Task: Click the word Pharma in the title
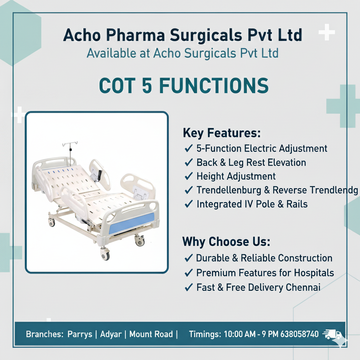pyautogui.click(x=135, y=36)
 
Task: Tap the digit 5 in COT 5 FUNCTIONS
pyautogui.click(x=147, y=85)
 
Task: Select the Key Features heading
pyautogui.click(x=222, y=133)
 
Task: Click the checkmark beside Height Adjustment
pyautogui.click(x=188, y=176)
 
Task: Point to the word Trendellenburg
pyautogui.click(x=229, y=190)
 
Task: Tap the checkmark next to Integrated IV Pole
pyautogui.click(x=188, y=204)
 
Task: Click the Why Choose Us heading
pyautogui.click(x=226, y=242)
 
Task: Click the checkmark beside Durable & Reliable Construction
pyautogui.click(x=188, y=258)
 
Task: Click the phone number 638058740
pyautogui.click(x=300, y=334)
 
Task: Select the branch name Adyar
pyautogui.click(x=111, y=334)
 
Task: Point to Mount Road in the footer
pyautogui.click(x=151, y=334)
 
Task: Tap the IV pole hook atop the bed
pyautogui.click(x=70, y=144)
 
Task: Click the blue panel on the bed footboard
pyautogui.click(x=131, y=223)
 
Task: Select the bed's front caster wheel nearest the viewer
pyautogui.click(x=105, y=255)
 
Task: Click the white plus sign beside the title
pyautogui.click(x=327, y=32)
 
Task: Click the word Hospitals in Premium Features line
pyautogui.click(x=314, y=273)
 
